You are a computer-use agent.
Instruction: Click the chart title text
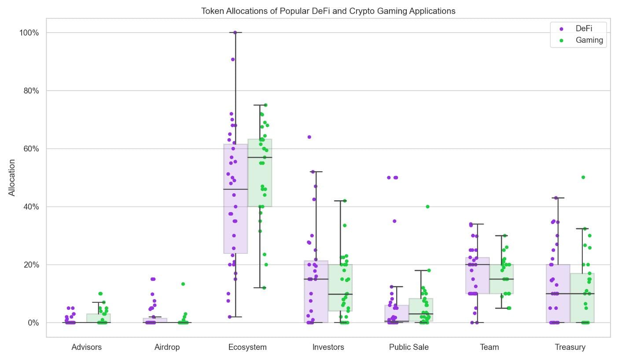click(x=328, y=11)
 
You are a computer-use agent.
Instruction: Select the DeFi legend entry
click(x=583, y=29)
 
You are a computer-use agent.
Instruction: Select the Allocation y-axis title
click(x=12, y=177)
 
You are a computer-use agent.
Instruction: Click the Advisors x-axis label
click(x=86, y=347)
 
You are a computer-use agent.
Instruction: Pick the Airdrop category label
click(x=167, y=347)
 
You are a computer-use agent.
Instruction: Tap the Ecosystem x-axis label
click(x=247, y=347)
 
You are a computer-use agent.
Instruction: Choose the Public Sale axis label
click(x=408, y=347)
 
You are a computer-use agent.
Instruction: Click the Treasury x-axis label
click(x=570, y=347)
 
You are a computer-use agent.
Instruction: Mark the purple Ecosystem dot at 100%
click(x=235, y=33)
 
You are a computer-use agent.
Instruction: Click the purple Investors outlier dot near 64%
click(x=309, y=137)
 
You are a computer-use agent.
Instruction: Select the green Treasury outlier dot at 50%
click(x=583, y=177)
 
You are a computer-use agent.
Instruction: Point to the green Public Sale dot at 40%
click(x=427, y=206)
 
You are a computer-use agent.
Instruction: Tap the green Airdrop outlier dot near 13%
click(x=183, y=284)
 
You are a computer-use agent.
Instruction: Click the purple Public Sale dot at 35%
click(x=394, y=221)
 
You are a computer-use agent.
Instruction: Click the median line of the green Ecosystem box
click(x=260, y=157)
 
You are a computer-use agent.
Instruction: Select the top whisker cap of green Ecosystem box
click(x=260, y=105)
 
